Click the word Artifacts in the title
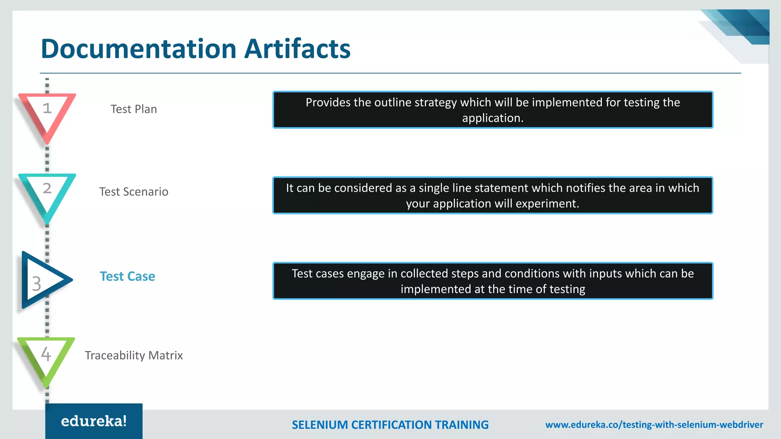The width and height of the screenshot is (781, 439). (297, 49)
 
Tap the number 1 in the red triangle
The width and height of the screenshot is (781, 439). (47, 108)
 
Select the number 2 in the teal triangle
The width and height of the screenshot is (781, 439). (47, 188)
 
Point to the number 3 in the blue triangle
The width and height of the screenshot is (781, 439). (37, 284)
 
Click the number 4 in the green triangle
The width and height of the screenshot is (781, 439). (46, 354)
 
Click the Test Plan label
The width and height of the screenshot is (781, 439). (133, 109)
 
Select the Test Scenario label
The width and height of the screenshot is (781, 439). (133, 192)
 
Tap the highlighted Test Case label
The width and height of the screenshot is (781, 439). (127, 276)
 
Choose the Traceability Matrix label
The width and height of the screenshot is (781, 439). (133, 355)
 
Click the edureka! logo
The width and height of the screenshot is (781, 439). (94, 421)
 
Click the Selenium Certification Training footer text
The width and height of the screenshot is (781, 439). (390, 425)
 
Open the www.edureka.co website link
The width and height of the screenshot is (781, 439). (654, 425)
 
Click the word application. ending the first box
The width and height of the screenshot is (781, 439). (493, 118)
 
